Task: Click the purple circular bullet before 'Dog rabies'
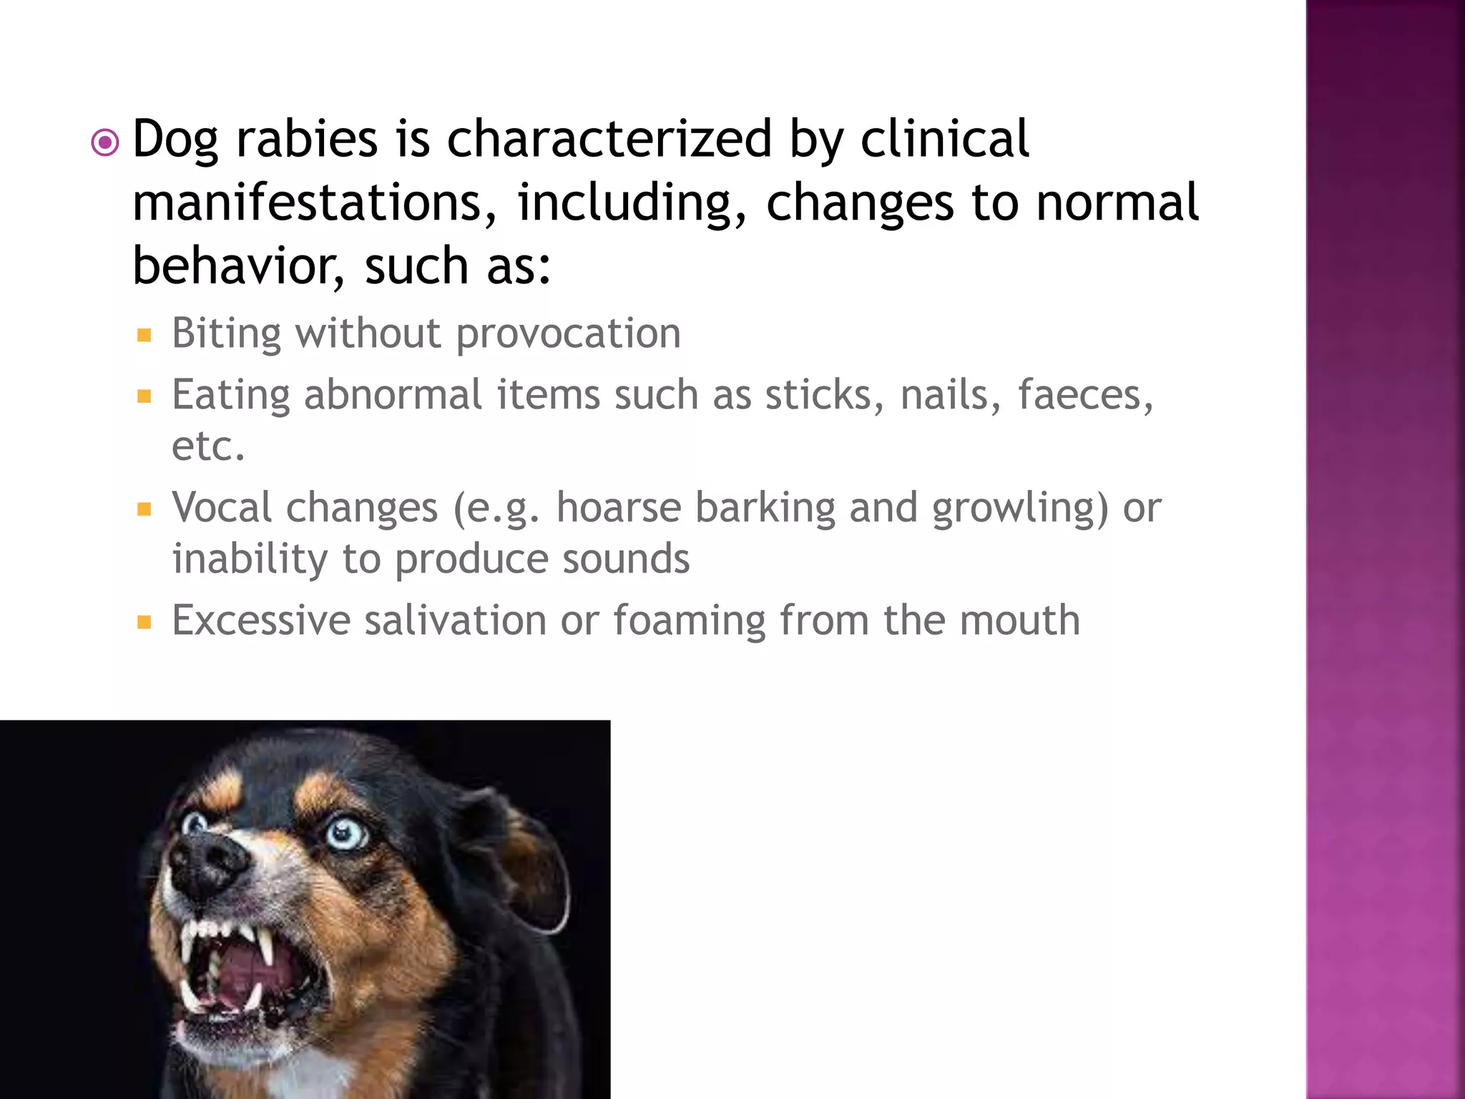pyautogui.click(x=106, y=143)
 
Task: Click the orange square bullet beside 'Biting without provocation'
pyautogui.click(x=144, y=335)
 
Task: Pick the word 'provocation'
pyautogui.click(x=568, y=333)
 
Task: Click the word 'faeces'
pyautogui.click(x=1084, y=395)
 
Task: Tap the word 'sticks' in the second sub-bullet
pyautogui.click(x=823, y=395)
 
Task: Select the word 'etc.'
pyautogui.click(x=208, y=446)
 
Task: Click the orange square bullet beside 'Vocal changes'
pyautogui.click(x=144, y=509)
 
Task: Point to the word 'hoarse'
pyautogui.click(x=618, y=508)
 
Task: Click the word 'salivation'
pyautogui.click(x=455, y=620)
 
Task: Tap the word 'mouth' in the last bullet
pyautogui.click(x=1019, y=620)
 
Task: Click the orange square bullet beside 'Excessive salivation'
pyautogui.click(x=144, y=622)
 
